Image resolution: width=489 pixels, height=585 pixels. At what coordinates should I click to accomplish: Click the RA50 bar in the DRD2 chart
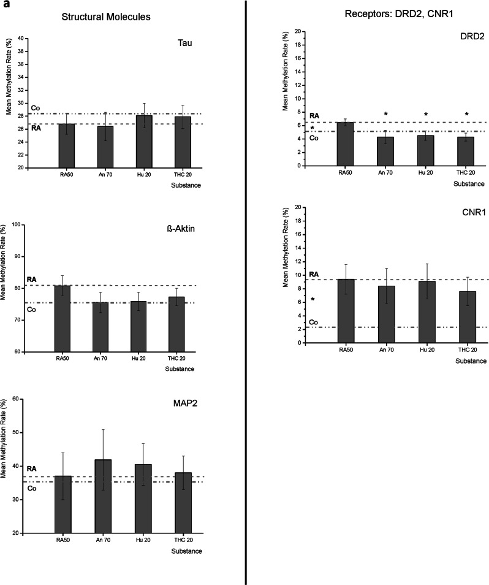[346, 143]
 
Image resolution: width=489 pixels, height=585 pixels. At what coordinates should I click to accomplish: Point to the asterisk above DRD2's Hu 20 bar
[426, 115]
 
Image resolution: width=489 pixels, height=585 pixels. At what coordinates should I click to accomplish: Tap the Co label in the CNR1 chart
[313, 322]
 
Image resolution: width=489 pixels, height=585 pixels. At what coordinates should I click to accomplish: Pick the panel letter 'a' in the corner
[4, 5]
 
